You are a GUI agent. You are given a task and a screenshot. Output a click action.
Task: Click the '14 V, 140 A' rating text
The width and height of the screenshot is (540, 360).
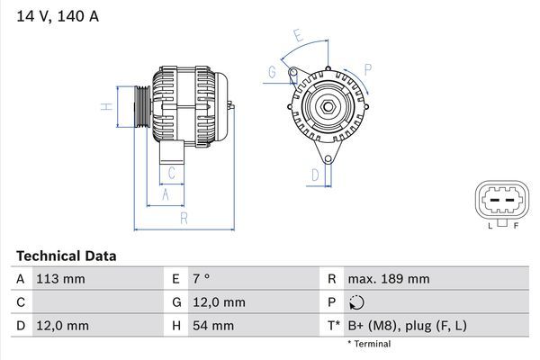[x=55, y=15]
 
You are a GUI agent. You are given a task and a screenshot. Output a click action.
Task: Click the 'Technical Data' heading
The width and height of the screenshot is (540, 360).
[x=65, y=256]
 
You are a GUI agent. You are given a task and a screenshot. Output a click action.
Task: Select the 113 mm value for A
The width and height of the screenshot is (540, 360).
[x=62, y=279]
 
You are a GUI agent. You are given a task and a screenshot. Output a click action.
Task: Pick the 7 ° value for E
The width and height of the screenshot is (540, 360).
[x=202, y=279]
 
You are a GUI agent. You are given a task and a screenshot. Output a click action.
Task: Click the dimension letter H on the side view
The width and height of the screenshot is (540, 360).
[x=105, y=107]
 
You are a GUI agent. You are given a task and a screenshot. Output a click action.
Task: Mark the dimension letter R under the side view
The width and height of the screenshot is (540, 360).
[x=183, y=218]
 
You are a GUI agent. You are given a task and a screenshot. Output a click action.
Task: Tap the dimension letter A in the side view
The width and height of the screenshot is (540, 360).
[x=166, y=193]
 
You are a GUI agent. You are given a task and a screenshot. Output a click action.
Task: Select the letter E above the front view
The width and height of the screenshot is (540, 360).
[x=298, y=35]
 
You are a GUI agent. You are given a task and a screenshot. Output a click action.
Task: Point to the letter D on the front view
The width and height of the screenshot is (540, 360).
[x=315, y=174]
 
